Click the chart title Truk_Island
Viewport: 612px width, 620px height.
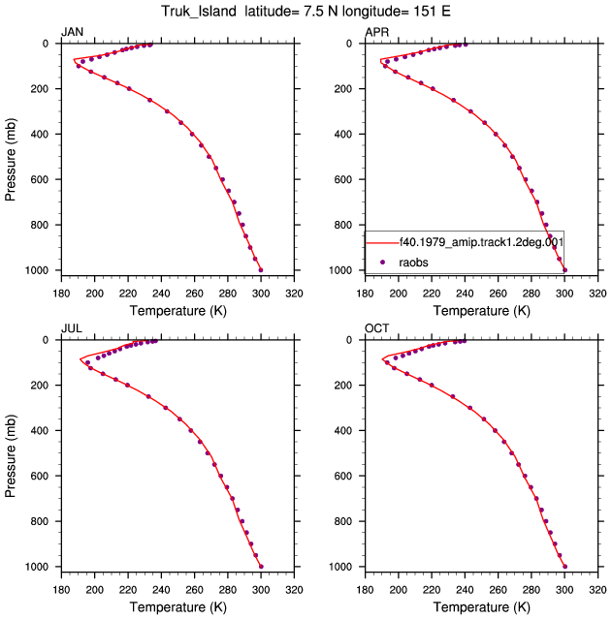[198, 11]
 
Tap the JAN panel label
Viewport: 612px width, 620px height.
[72, 32]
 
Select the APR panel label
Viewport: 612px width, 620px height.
[377, 32]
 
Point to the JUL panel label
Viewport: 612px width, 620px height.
[72, 328]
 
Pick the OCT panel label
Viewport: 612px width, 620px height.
[377, 328]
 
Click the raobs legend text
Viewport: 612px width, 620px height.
[413, 263]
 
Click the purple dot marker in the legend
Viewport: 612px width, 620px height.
[382, 262]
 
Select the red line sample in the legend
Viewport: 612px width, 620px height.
[382, 242]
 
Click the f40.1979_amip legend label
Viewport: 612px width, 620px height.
[481, 242]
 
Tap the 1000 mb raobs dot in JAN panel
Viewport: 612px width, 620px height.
[261, 270]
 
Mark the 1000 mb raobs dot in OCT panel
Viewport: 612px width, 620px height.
[564, 567]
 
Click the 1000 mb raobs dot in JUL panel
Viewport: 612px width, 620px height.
[261, 567]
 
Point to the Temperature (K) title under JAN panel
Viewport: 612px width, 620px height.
[178, 311]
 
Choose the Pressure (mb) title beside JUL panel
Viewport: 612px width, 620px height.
[11, 456]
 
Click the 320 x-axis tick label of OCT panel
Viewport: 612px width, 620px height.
[597, 590]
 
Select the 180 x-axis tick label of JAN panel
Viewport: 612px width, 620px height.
[61, 294]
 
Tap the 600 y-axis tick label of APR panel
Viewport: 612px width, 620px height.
[343, 179]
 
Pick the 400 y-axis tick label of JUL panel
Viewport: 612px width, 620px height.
[40, 430]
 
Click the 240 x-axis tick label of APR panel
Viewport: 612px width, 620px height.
[465, 294]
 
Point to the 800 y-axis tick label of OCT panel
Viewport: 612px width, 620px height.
[343, 521]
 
